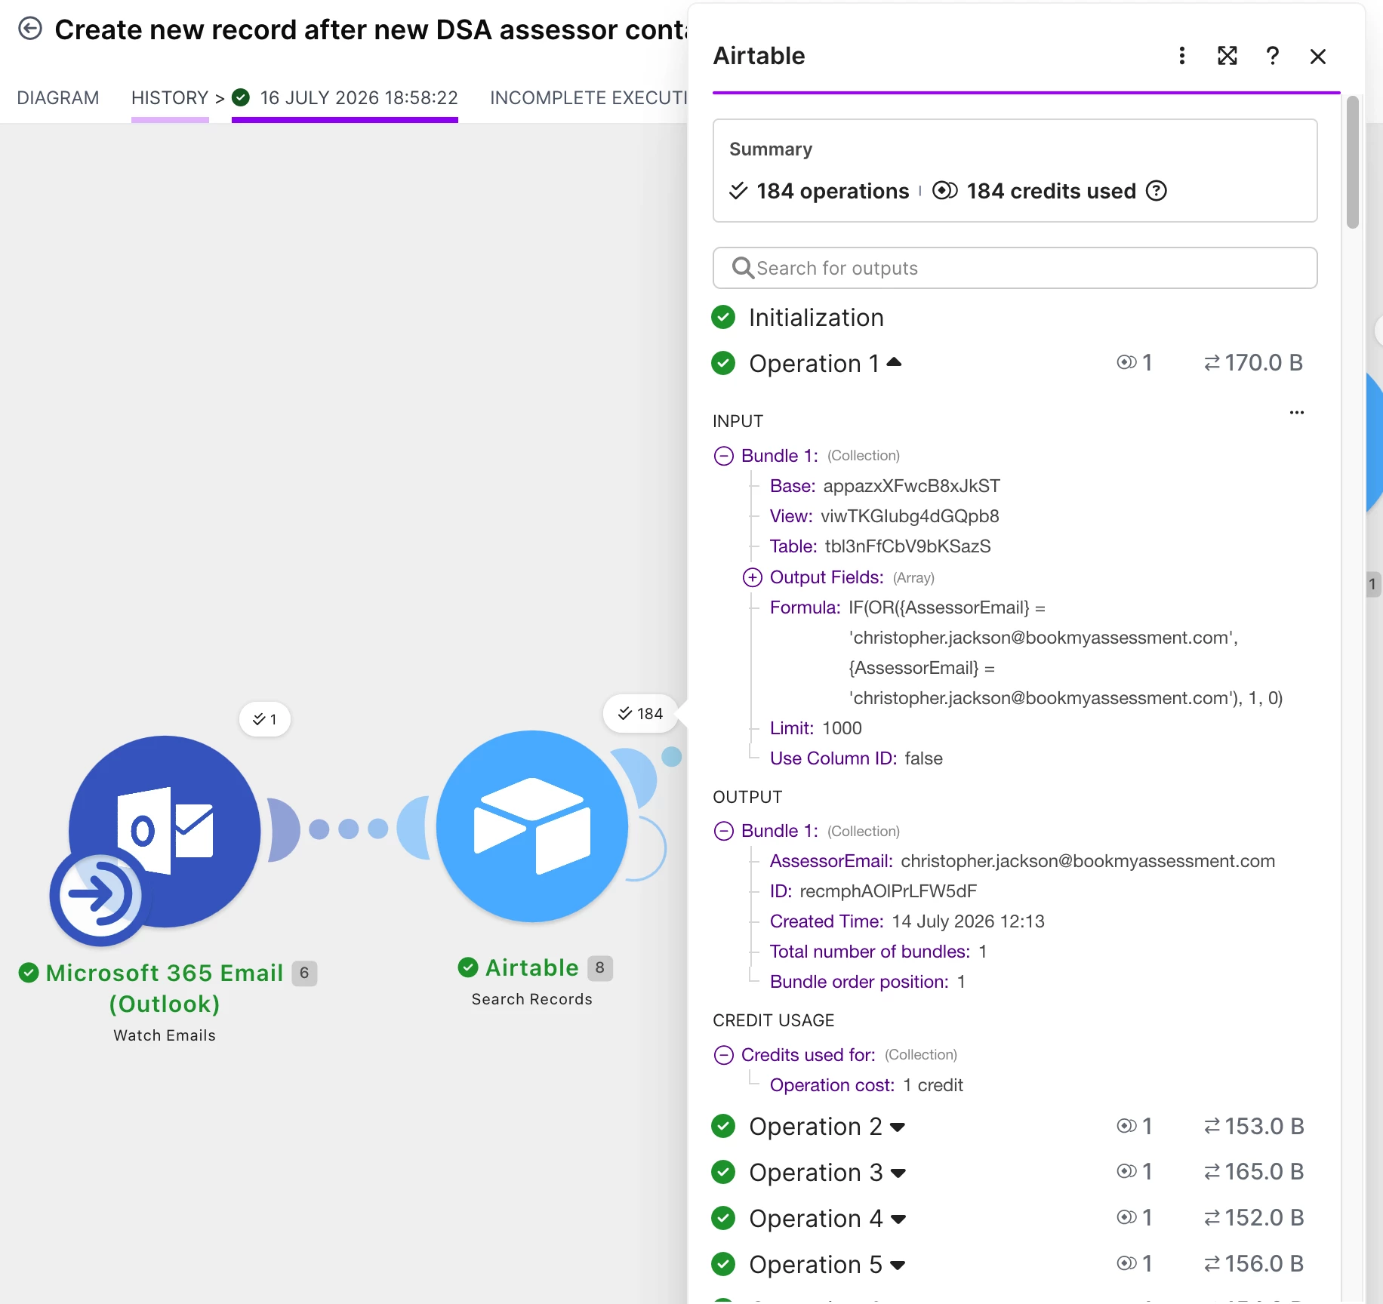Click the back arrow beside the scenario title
click(30, 29)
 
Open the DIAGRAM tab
click(58, 98)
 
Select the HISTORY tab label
click(170, 98)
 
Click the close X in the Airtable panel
click(1318, 57)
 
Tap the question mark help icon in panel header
click(1273, 56)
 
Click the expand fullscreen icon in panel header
click(1227, 56)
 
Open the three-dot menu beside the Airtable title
click(1182, 56)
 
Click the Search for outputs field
click(1015, 268)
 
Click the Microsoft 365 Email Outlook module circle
click(165, 832)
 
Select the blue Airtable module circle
click(532, 826)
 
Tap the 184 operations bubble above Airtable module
click(641, 714)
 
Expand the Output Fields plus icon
click(753, 577)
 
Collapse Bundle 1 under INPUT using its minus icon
click(724, 456)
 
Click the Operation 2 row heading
click(815, 1127)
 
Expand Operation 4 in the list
click(898, 1219)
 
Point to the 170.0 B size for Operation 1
click(1254, 363)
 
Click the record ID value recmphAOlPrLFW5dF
click(889, 891)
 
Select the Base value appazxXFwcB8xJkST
click(912, 486)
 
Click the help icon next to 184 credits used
click(1157, 191)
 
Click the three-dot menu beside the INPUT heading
click(1297, 413)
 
